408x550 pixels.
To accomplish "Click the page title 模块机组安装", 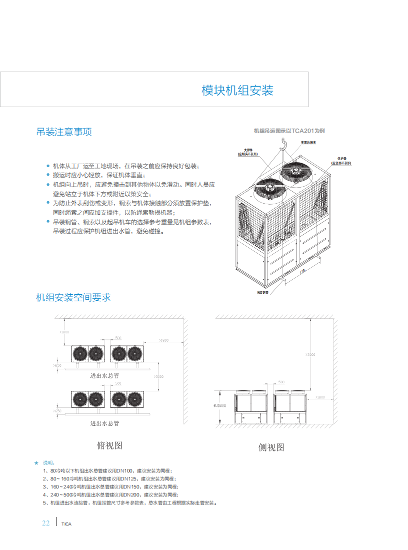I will (x=237, y=91).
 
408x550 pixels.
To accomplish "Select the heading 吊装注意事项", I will (x=64, y=132).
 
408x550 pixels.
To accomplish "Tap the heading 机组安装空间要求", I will (x=73, y=297).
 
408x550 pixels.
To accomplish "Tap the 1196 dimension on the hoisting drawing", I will (x=303, y=271).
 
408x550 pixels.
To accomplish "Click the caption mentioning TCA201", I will (x=289, y=131).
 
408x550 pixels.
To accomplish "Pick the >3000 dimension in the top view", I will (x=159, y=376).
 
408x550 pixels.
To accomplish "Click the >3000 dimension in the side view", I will (x=310, y=354).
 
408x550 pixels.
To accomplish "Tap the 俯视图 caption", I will (x=109, y=445).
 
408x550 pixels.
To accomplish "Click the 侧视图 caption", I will (x=271, y=447).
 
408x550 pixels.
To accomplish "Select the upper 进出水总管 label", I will (x=104, y=375).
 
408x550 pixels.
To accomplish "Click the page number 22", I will (x=45, y=523).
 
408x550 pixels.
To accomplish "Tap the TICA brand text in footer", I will (x=66, y=524).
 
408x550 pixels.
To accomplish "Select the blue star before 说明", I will (x=36, y=462).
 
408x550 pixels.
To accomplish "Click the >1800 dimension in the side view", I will (x=320, y=397).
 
